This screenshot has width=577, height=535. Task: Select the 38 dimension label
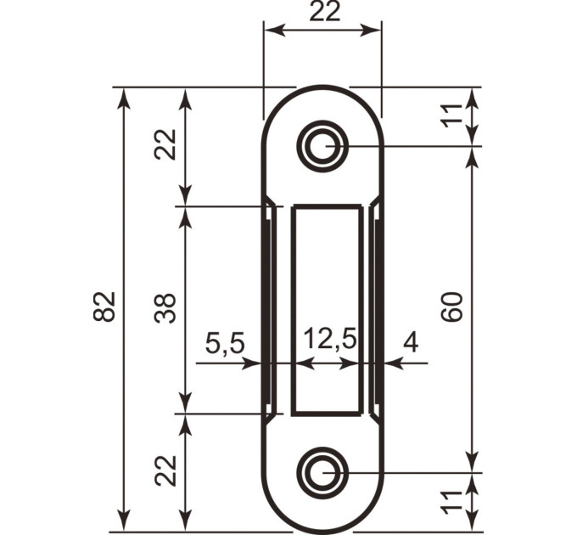(x=165, y=308)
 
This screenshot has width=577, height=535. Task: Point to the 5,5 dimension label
(x=225, y=343)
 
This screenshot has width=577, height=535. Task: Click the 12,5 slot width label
(x=330, y=339)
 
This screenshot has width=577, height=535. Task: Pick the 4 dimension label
(x=411, y=342)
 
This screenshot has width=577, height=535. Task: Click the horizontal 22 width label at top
(x=324, y=12)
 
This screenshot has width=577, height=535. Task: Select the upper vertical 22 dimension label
(x=165, y=144)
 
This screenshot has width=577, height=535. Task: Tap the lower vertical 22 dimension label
(x=165, y=470)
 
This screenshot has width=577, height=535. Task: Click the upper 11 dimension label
(x=451, y=116)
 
